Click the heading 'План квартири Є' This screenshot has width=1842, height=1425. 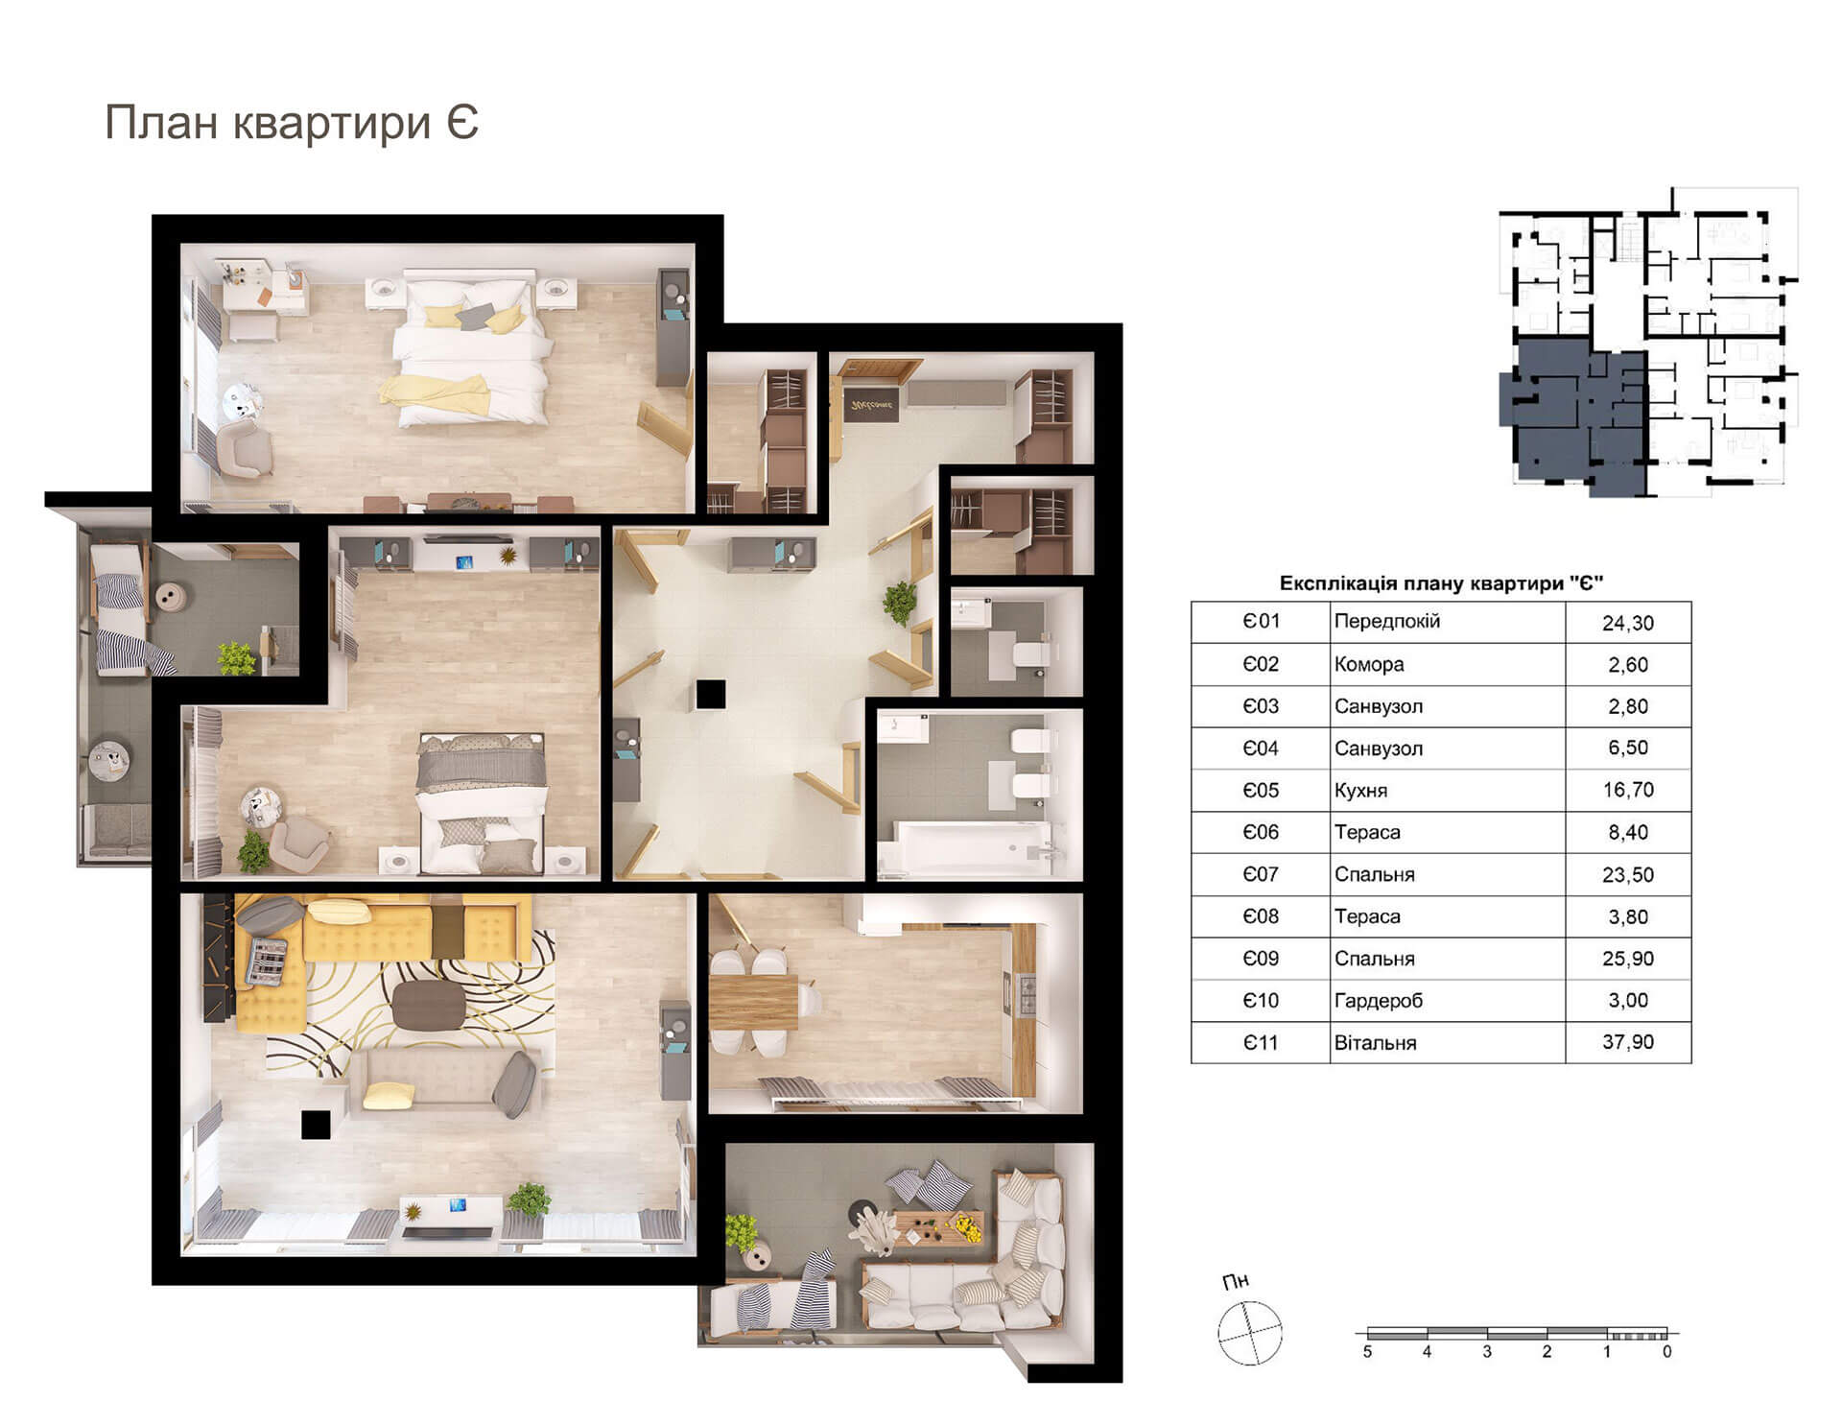[291, 123]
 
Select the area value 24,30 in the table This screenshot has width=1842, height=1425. [1627, 623]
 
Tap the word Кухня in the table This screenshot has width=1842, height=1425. [1360, 791]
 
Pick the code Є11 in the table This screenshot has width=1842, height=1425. [1261, 1042]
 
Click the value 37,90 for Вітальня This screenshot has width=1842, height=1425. [1627, 1042]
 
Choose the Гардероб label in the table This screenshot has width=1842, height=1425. [1378, 1001]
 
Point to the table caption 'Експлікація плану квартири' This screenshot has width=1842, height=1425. [1441, 583]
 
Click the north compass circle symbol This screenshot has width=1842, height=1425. [1249, 1333]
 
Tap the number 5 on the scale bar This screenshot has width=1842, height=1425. [1367, 1352]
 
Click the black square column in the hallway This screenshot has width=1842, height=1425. [711, 694]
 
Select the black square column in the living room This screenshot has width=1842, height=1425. [316, 1125]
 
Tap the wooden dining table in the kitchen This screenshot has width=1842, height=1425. [753, 1001]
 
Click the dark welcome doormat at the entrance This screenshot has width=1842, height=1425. [871, 407]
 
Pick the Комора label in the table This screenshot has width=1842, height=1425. [1368, 664]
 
